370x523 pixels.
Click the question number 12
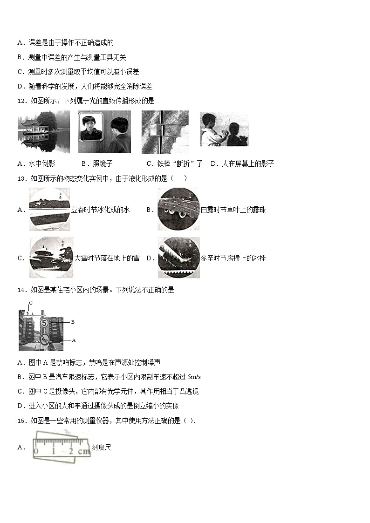tap(22, 101)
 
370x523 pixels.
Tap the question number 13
tap(22, 179)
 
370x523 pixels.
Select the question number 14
tap(22, 290)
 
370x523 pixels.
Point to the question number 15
tap(22, 421)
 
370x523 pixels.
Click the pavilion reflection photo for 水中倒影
tap(44, 132)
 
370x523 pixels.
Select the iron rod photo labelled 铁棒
tap(165, 132)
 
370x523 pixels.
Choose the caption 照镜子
tap(103, 163)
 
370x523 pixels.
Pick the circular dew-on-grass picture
tap(178, 209)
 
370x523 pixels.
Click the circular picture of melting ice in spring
tap(49, 210)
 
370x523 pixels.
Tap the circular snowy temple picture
tap(51, 258)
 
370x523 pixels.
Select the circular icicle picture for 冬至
tap(179, 258)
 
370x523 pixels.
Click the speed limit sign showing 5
tap(44, 323)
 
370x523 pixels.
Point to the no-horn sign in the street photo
tap(44, 340)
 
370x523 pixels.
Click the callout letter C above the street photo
tap(31, 303)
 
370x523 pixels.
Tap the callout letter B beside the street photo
tap(73, 322)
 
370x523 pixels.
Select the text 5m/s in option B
tap(194, 377)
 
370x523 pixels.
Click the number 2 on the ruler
tap(71, 451)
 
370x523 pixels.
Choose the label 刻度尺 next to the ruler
tap(102, 447)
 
